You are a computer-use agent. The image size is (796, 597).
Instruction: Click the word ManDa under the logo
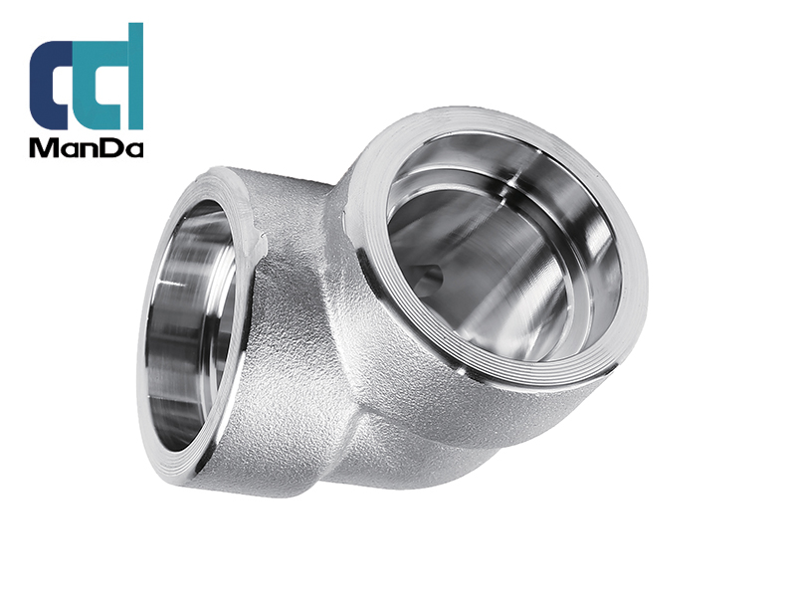[x=87, y=149]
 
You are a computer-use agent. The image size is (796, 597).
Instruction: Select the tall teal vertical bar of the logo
[x=136, y=76]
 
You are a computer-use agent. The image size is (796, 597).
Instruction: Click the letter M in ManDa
[x=44, y=149]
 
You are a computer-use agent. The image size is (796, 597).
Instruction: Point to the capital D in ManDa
[x=111, y=149]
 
